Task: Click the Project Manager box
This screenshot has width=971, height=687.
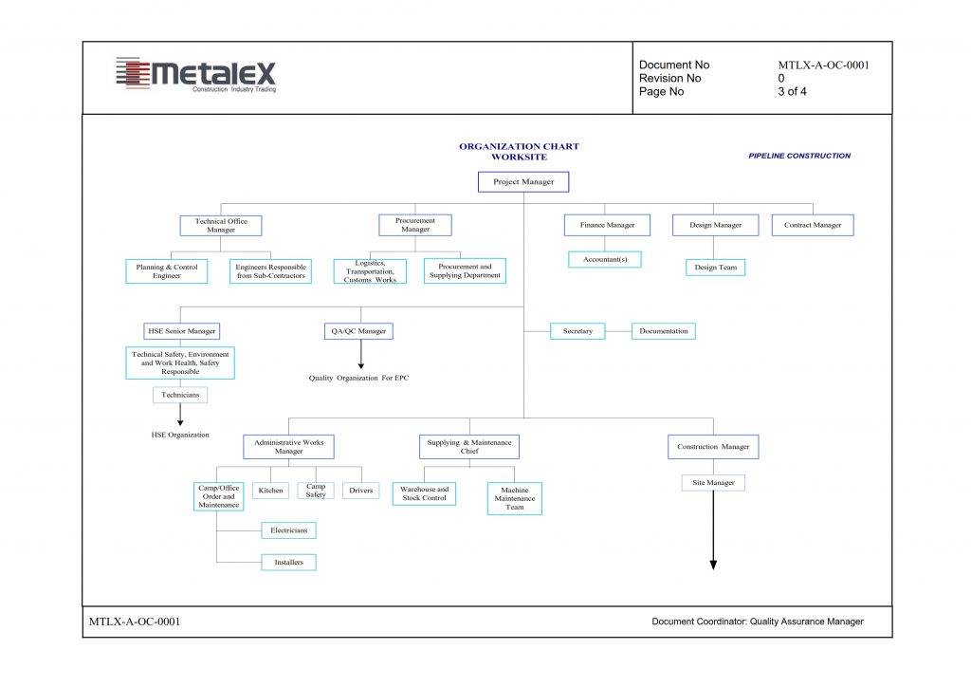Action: pos(523,181)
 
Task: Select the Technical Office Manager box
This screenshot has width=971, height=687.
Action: pos(220,226)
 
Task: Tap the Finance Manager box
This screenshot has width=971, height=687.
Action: pos(607,225)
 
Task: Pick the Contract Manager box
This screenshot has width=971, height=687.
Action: pos(813,225)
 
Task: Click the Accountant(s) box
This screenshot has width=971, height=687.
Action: pos(604,259)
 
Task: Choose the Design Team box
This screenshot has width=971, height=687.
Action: pos(715,267)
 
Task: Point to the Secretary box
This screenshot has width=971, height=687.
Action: pos(577,331)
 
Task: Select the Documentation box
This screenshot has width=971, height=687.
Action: pos(663,331)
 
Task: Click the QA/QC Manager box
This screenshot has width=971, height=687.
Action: pos(358,331)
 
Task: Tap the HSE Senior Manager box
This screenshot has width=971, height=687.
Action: pos(181,331)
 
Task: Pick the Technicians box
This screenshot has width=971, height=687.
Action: pos(180,395)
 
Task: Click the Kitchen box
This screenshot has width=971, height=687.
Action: pos(270,490)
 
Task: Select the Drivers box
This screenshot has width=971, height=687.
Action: pos(361,490)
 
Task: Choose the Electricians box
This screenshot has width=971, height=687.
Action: pos(288,530)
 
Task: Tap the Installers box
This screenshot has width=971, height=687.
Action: pos(288,562)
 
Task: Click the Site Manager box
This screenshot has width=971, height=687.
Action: pos(713,483)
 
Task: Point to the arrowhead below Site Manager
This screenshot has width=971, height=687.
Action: pos(713,565)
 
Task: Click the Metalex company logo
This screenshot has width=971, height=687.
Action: pos(195,75)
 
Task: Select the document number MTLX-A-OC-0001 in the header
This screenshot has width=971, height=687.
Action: pos(824,65)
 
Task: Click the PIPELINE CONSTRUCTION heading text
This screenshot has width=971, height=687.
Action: pos(799,156)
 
